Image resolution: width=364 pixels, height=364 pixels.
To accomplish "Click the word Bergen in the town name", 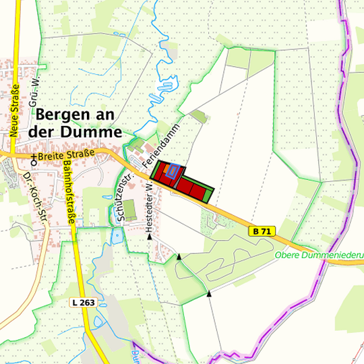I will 64,115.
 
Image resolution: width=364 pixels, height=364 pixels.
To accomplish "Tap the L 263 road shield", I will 83,303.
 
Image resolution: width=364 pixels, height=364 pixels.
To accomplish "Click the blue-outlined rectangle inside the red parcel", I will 172,171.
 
